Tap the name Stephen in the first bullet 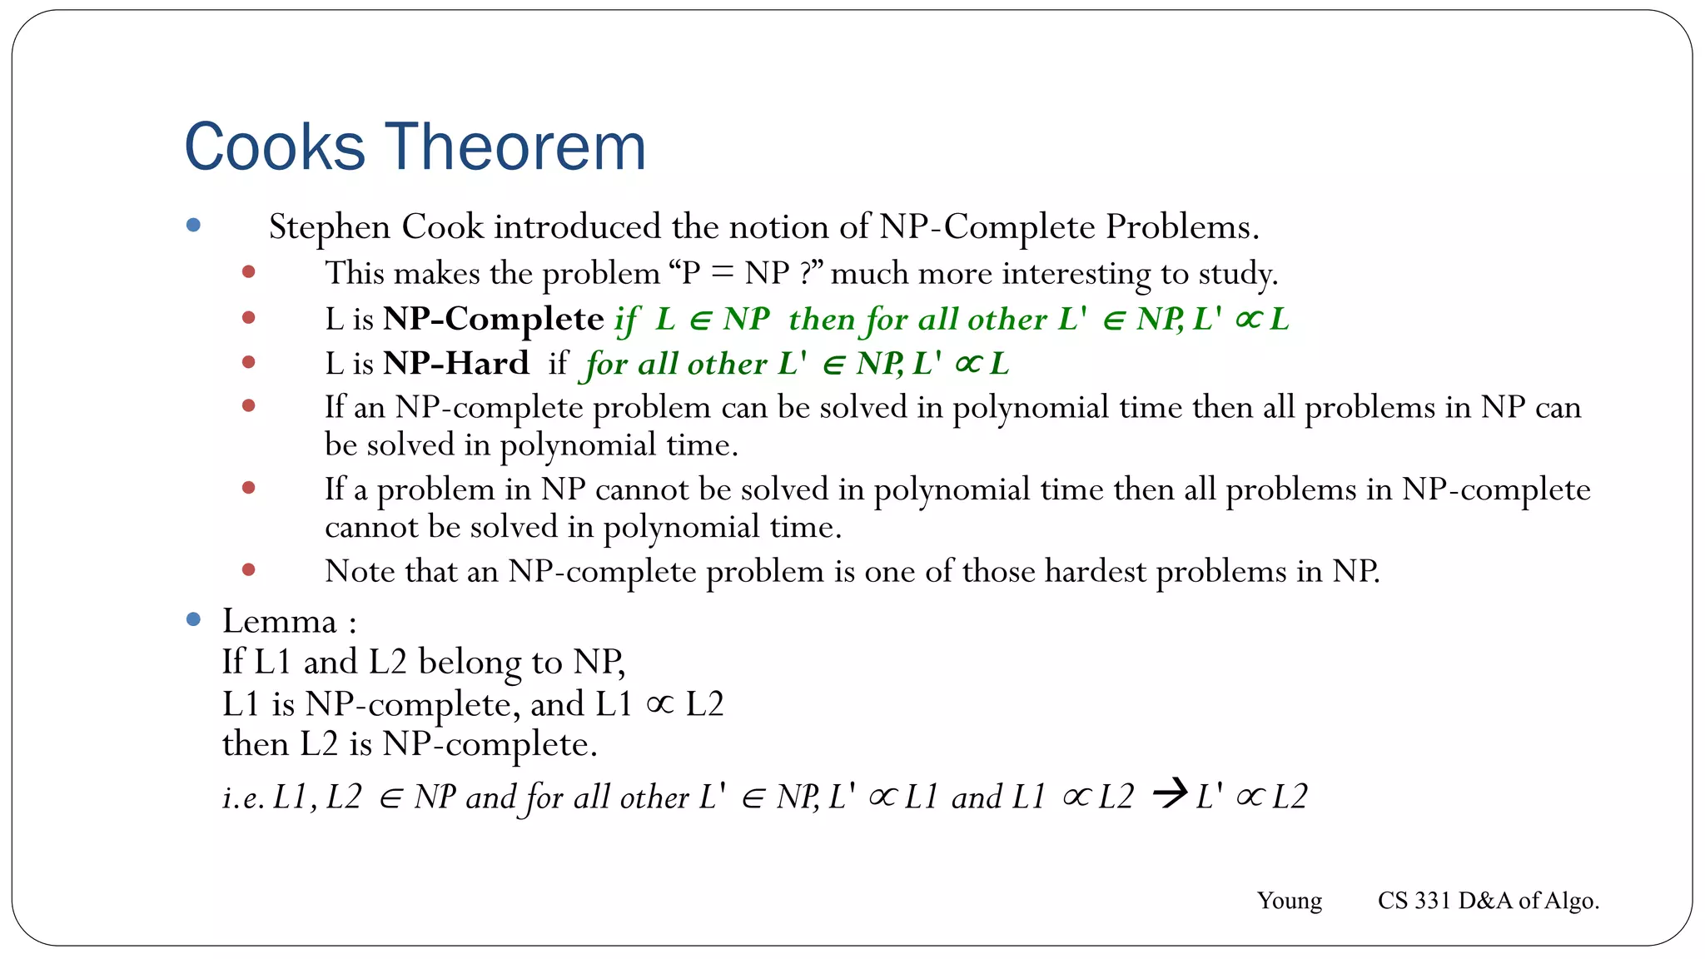pos(330,227)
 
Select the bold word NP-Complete pos(493,319)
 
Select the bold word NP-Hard pos(455,363)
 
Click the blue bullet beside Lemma pos(194,619)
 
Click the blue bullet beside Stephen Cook pos(194,225)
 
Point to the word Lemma pos(279,621)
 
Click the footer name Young pos(1289,901)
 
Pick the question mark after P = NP pos(806,273)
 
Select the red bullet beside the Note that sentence pos(248,570)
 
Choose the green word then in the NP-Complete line pos(821,320)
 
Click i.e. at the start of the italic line pos(243,798)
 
